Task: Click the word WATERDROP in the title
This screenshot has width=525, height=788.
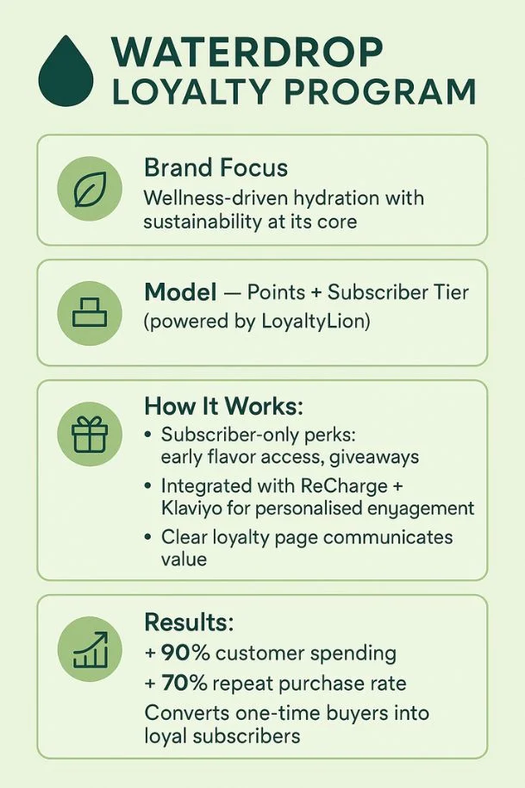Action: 247,53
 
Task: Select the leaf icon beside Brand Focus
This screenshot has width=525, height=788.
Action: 90,190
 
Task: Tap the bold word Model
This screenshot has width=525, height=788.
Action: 180,292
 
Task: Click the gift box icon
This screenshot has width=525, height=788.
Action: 90,434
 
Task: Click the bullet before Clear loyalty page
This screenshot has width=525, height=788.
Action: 150,537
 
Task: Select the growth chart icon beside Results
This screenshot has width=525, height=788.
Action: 90,649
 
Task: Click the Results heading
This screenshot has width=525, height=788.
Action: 189,622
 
